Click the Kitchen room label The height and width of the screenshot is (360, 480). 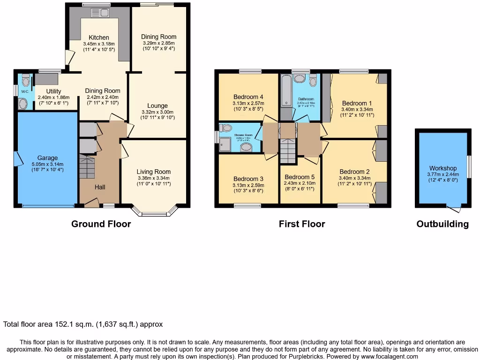[99, 37]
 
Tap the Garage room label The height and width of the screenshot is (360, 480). [48, 158]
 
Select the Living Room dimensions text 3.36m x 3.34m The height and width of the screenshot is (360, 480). [154, 178]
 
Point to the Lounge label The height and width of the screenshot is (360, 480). [157, 106]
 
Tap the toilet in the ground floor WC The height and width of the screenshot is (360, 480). [26, 81]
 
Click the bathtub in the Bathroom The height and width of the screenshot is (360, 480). [285, 90]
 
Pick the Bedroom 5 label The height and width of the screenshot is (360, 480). [300, 177]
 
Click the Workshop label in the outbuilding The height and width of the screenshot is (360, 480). [443, 168]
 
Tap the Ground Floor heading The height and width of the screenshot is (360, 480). [101, 224]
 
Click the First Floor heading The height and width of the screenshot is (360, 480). [302, 224]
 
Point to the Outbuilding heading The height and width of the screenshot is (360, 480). [442, 224]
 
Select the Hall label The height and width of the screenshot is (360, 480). [100, 187]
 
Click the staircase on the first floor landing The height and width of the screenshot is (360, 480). [288, 151]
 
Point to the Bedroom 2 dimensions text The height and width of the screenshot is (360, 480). [355, 178]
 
